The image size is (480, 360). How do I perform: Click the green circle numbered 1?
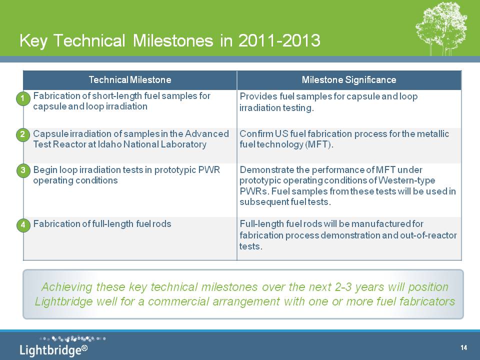(23, 99)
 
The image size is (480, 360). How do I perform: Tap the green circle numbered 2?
(23, 134)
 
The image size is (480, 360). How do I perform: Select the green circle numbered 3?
(23, 170)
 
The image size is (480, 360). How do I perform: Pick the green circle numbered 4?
(23, 225)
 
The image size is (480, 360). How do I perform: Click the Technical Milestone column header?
(130, 80)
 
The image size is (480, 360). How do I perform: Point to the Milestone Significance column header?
(349, 80)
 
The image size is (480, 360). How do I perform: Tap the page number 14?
(464, 347)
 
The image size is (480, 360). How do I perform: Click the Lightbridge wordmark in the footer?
(50, 350)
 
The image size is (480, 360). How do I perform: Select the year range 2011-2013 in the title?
(279, 40)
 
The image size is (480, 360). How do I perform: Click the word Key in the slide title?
(33, 40)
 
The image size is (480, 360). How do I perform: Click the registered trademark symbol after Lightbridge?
(84, 348)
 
